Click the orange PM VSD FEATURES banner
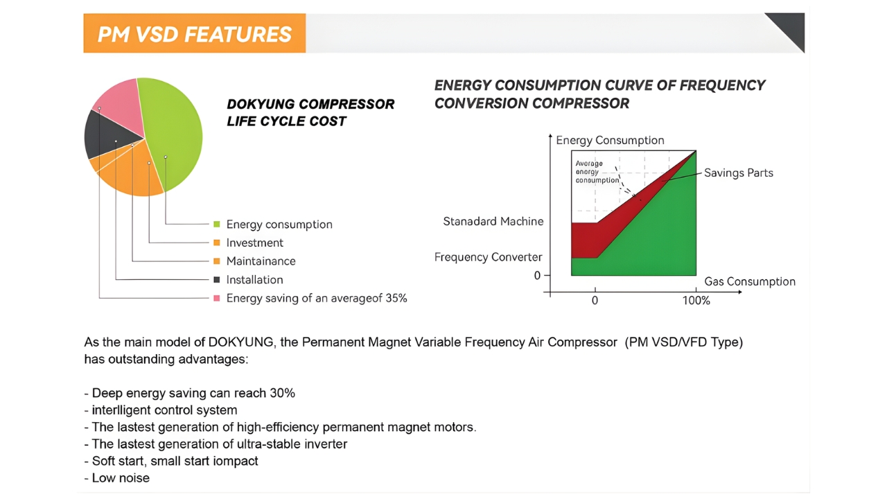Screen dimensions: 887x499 pyautogui.click(x=195, y=33)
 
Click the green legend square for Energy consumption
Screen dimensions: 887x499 pyautogui.click(x=217, y=225)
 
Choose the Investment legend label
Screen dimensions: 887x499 pyautogui.click(x=254, y=243)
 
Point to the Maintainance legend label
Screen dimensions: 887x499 pyautogui.click(x=261, y=261)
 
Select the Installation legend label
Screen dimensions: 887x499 pyautogui.click(x=254, y=279)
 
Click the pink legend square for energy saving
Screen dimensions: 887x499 pyautogui.click(x=217, y=298)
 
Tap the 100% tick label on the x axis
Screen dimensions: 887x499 pyautogui.click(x=696, y=301)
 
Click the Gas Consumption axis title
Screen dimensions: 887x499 pyautogui.click(x=750, y=281)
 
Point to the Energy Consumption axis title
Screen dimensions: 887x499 pyautogui.click(x=610, y=140)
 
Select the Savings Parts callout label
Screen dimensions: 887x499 pyautogui.click(x=739, y=173)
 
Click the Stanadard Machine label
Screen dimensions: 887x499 pyautogui.click(x=493, y=221)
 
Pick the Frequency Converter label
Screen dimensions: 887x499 pyautogui.click(x=489, y=257)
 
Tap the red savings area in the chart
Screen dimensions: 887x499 pyautogui.click(x=590, y=240)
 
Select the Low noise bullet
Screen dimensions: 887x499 pyautogui.click(x=117, y=478)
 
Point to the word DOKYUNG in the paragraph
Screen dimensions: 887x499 pyautogui.click(x=240, y=342)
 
